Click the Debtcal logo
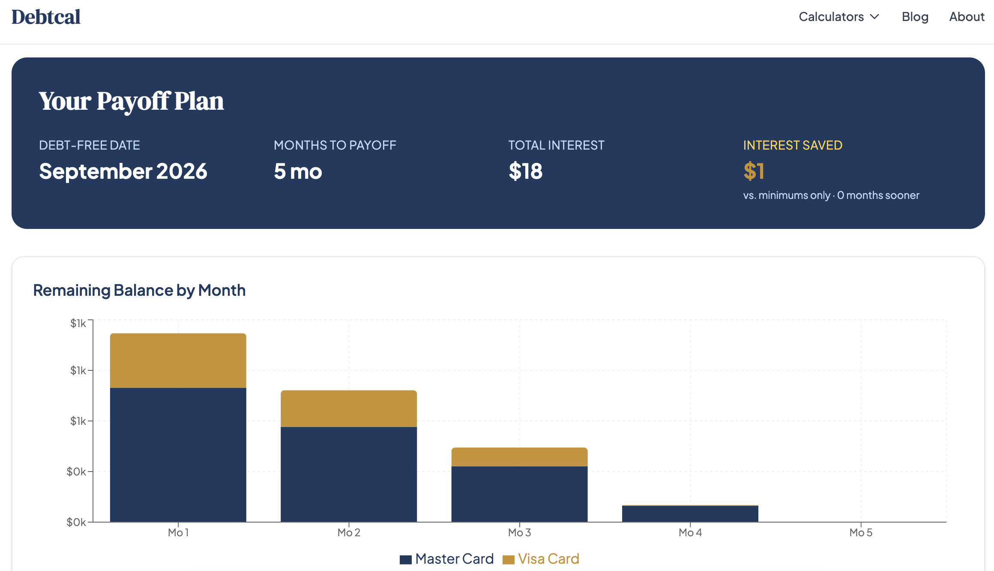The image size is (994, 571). tap(46, 17)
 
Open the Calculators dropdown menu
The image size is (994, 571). tap(838, 17)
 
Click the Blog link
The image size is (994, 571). tap(915, 17)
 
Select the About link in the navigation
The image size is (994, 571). tap(967, 17)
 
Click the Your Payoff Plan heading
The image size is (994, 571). tap(131, 101)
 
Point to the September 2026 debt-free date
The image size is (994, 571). tap(123, 171)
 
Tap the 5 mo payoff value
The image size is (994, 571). tap(298, 171)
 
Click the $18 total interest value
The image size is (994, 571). tap(525, 171)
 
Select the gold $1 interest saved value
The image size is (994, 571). tap(754, 171)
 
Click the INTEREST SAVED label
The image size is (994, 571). tap(793, 145)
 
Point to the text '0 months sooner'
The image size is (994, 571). tap(878, 195)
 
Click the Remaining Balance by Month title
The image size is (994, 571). tap(139, 290)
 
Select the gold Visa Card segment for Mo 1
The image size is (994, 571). tap(178, 361)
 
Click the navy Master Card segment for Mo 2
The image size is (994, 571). tap(348, 474)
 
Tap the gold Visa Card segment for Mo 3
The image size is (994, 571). tap(519, 457)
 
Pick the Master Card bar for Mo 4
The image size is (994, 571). tap(690, 514)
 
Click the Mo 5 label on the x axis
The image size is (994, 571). tap(861, 532)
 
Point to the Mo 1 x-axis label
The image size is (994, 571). tap(178, 532)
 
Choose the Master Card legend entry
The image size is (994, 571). tap(447, 559)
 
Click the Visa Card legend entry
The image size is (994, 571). tap(541, 559)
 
